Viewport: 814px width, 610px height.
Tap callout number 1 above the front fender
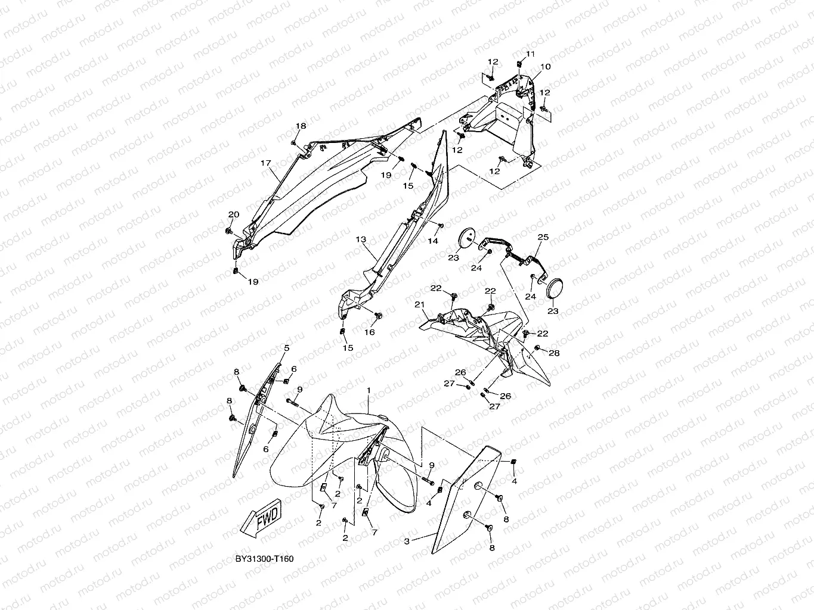tap(369, 390)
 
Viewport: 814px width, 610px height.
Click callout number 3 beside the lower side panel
tap(407, 541)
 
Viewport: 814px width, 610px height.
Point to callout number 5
tap(286, 348)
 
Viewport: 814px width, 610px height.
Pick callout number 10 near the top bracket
tap(545, 67)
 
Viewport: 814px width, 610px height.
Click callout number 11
tap(530, 54)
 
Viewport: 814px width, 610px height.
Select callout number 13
tap(361, 239)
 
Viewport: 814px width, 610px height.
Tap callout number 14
tap(433, 241)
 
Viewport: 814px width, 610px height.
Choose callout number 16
tap(370, 332)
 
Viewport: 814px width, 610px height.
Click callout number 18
tap(301, 126)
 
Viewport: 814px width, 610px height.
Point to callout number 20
tap(234, 214)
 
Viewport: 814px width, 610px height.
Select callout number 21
tap(419, 304)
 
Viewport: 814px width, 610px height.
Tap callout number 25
tap(543, 237)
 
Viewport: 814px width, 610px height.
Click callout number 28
tap(554, 353)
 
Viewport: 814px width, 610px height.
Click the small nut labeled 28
tap(537, 347)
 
